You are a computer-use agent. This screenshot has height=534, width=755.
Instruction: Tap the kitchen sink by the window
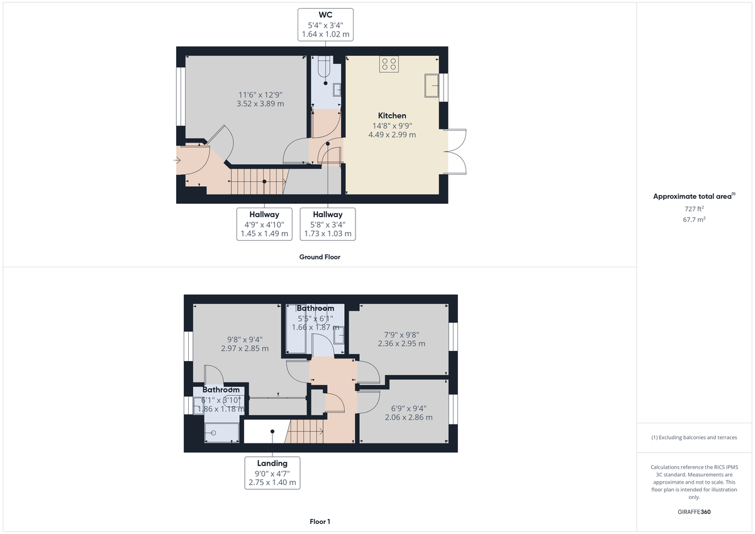click(x=431, y=86)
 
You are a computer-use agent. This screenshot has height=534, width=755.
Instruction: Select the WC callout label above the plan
click(x=325, y=24)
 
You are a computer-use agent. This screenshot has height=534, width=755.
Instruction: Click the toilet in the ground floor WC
click(x=323, y=69)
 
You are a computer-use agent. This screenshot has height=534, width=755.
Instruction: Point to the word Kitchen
click(x=392, y=116)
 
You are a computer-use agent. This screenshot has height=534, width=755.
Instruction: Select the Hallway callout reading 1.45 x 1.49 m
click(x=264, y=224)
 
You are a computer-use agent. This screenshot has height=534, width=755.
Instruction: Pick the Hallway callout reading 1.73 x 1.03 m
click(x=328, y=224)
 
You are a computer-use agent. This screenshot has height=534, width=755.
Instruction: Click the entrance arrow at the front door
click(x=179, y=160)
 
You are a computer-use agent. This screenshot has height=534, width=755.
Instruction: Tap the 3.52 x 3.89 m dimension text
click(x=260, y=104)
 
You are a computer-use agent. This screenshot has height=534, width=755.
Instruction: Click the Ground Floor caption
click(x=320, y=257)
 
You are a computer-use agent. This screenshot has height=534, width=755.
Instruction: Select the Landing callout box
click(x=272, y=473)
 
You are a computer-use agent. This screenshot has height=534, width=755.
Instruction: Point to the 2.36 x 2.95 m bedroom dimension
click(x=401, y=343)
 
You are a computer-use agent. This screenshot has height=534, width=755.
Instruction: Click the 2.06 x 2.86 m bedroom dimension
click(x=408, y=417)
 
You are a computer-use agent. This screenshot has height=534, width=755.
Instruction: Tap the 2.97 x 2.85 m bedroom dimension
click(x=245, y=348)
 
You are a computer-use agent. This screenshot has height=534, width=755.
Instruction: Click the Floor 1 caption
click(x=320, y=521)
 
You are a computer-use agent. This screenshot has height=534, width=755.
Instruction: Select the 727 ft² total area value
click(x=694, y=209)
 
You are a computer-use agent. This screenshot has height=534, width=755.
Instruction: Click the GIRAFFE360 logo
click(x=694, y=512)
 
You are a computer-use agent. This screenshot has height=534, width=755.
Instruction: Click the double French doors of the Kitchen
click(x=457, y=151)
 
